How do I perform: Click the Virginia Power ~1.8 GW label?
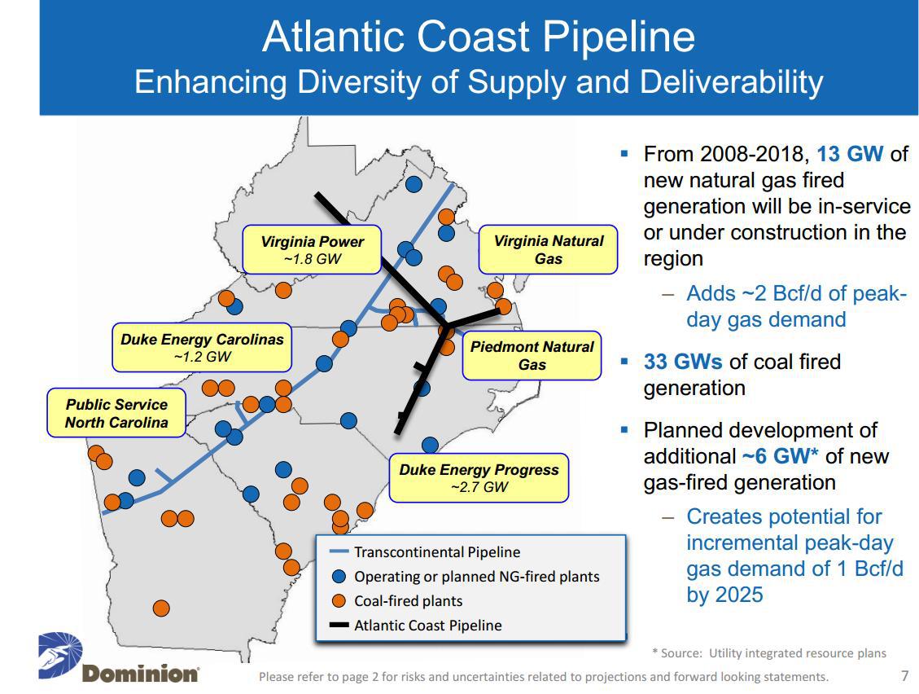(312, 250)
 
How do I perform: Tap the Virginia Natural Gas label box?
(548, 249)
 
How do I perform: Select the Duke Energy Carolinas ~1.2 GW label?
(202, 348)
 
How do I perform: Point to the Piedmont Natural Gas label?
(532, 356)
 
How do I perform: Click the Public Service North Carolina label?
(116, 413)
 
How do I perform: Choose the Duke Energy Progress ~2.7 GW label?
(479, 478)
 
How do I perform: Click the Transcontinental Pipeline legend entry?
(436, 552)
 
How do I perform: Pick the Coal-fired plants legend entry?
(408, 601)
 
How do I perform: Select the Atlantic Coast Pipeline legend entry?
(427, 626)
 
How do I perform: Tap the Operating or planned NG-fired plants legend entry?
(476, 577)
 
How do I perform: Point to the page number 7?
(904, 675)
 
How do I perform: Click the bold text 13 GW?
(850, 154)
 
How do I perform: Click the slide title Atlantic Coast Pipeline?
(479, 37)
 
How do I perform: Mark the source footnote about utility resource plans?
(768, 652)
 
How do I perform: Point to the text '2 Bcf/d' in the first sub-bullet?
(777, 293)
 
